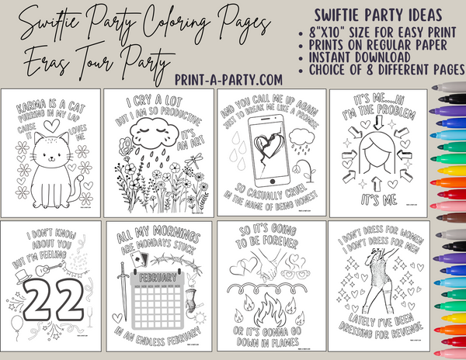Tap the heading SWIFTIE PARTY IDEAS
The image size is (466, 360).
coord(378,16)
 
